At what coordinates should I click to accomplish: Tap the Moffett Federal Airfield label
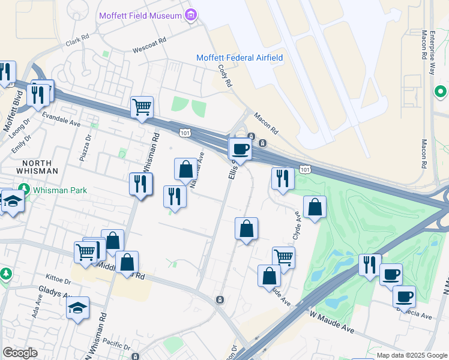pyautogui.click(x=240, y=58)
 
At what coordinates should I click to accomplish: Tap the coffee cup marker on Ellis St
pyautogui.click(x=240, y=149)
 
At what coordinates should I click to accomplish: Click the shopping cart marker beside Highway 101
pyautogui.click(x=142, y=108)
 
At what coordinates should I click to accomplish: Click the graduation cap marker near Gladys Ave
pyautogui.click(x=77, y=308)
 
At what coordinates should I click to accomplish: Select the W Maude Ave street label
pyautogui.click(x=330, y=322)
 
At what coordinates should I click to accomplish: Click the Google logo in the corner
pyautogui.click(x=20, y=353)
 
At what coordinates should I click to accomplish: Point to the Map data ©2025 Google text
pyautogui.click(x=411, y=355)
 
